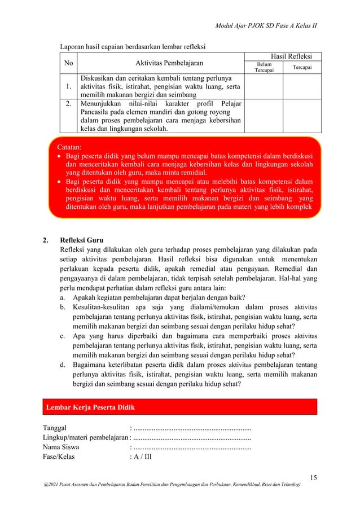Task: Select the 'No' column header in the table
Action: (x=69, y=63)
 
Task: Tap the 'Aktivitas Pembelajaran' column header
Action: (x=162, y=63)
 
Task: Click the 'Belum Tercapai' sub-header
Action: (x=264, y=68)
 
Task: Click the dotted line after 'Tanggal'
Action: (x=192, y=427)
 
